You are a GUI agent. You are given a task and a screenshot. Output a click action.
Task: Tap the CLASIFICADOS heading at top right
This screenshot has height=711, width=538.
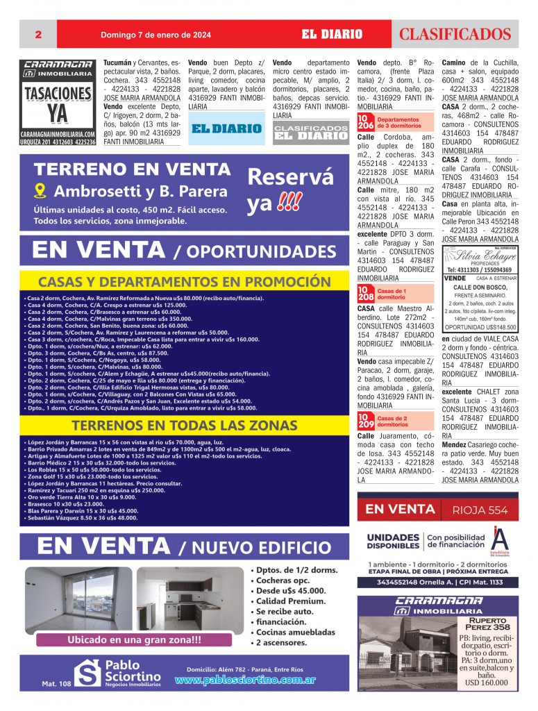(455, 34)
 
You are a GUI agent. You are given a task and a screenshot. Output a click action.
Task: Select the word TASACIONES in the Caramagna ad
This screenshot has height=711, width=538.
(58, 94)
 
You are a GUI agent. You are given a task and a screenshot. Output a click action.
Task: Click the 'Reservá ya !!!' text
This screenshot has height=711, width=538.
(290, 191)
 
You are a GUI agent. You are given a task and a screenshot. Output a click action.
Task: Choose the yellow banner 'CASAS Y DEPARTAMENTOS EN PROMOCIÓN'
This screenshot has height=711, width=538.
(174, 282)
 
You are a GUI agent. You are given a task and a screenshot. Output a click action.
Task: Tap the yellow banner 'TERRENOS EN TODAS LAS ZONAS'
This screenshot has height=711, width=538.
(174, 425)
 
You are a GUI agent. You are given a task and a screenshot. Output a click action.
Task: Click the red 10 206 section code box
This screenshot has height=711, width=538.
(365, 123)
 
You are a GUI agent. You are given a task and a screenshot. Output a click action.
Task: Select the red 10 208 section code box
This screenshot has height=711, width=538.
(365, 293)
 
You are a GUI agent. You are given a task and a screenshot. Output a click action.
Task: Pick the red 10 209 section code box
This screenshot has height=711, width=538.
(365, 421)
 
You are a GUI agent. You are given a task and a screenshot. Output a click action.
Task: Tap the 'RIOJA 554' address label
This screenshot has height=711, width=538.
(480, 510)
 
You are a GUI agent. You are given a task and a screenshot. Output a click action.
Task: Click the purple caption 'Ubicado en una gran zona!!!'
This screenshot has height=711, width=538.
(134, 639)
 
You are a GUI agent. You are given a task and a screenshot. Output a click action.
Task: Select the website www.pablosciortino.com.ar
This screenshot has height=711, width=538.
(246, 680)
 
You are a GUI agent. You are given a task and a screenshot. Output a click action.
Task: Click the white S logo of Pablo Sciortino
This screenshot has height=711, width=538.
(88, 673)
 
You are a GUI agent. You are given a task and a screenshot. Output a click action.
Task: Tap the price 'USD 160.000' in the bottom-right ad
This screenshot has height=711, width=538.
(486, 683)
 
